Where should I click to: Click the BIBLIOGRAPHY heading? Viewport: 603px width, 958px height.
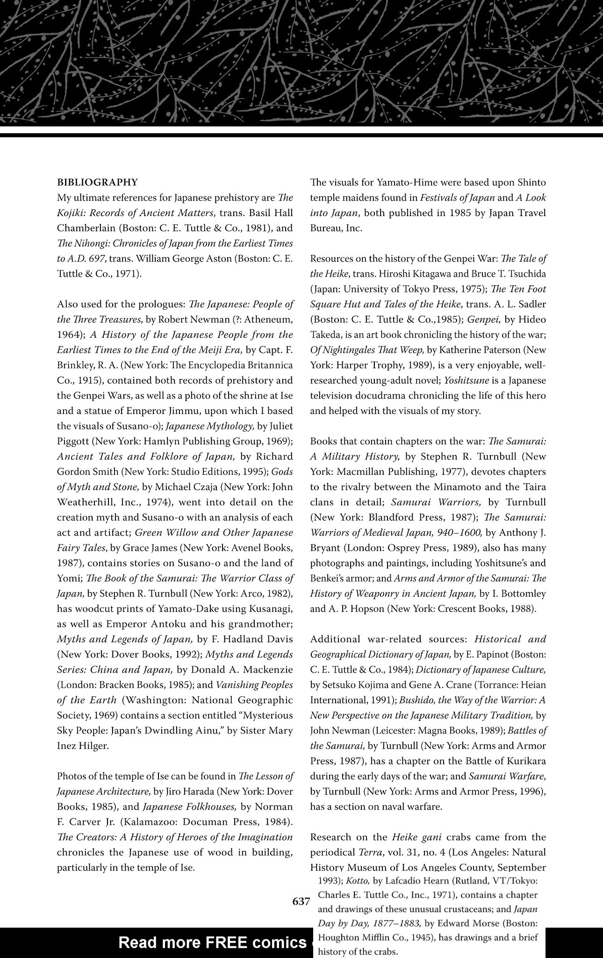[97, 182]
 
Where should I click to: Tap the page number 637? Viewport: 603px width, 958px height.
[301, 901]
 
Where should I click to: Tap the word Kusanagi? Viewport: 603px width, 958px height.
[268, 609]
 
